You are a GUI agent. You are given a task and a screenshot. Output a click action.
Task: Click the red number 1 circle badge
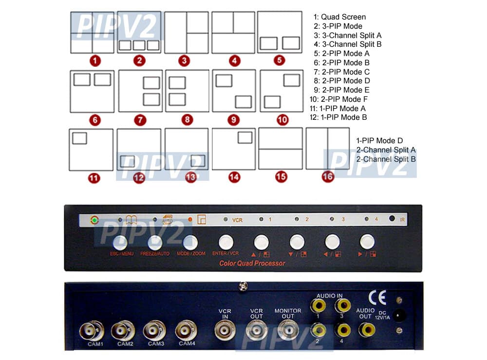[x=95, y=61]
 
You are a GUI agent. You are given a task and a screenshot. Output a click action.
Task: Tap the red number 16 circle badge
[x=328, y=177]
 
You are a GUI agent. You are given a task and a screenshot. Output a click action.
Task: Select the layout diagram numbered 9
[x=234, y=91]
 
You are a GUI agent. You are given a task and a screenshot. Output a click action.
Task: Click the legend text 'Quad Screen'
[x=343, y=17]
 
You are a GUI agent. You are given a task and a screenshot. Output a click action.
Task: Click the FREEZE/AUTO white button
[x=155, y=242]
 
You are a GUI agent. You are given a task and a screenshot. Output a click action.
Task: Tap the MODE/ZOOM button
[x=190, y=242]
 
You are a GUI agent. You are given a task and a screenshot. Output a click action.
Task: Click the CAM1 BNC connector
[x=92, y=331]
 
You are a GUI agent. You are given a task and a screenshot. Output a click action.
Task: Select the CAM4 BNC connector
[x=187, y=331]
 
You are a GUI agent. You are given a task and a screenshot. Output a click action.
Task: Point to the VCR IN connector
[x=225, y=331]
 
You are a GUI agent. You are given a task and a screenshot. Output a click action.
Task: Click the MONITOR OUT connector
[x=288, y=331]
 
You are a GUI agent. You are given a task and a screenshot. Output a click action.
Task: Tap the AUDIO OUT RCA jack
[x=365, y=330]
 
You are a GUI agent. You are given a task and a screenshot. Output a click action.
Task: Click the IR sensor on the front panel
[x=392, y=219]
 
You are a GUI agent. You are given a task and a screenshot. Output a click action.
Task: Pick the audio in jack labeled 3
[x=342, y=306]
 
